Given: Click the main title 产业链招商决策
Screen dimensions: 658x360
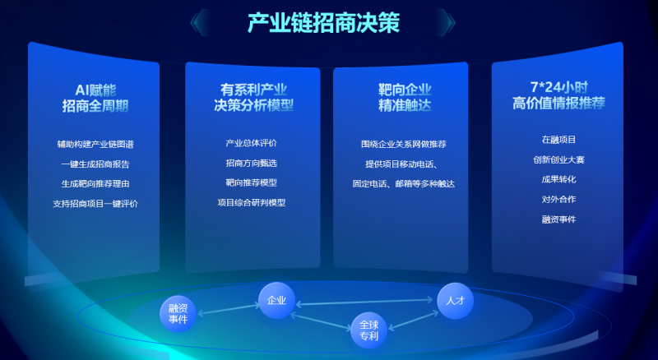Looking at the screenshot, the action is [x=323, y=23].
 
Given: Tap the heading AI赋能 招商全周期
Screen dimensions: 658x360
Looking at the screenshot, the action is [x=95, y=98].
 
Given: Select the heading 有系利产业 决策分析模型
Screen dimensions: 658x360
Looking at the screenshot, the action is [x=253, y=97].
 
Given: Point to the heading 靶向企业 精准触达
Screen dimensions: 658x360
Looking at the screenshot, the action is [x=405, y=97].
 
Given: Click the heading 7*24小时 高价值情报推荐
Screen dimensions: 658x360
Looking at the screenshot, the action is [x=558, y=95].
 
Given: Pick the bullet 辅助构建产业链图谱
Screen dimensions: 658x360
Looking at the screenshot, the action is [x=95, y=145].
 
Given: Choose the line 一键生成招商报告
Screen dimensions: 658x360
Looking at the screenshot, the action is [x=95, y=164].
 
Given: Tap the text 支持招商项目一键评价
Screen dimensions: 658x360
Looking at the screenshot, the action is [x=95, y=204].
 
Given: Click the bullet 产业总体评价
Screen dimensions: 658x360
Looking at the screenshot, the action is [x=252, y=143].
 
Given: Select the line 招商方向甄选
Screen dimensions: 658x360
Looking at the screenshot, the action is [x=252, y=163].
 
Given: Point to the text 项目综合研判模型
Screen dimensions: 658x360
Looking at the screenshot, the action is [x=252, y=202].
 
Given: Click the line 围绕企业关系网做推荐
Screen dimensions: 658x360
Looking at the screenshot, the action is [x=404, y=144].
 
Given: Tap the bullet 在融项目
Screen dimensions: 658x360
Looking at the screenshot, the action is [x=558, y=140].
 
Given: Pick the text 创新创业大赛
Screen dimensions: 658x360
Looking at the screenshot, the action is [x=558, y=159].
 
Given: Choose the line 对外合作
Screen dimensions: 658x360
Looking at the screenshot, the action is [x=558, y=199].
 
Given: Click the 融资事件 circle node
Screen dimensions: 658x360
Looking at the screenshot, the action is [x=178, y=314].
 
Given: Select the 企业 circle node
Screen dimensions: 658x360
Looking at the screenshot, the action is [x=276, y=301].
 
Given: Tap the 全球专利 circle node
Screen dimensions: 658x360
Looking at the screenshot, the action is [x=368, y=330].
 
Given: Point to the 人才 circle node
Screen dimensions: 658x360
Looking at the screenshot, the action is [x=456, y=301].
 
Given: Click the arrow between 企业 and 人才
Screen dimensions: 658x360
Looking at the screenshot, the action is [x=364, y=302].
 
